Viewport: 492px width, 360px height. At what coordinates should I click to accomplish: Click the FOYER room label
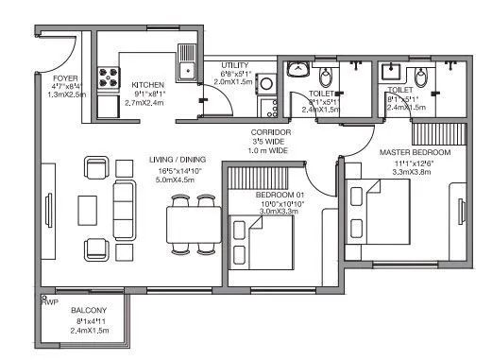[x=64, y=78]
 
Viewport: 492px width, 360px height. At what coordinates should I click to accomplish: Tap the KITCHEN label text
[x=148, y=83]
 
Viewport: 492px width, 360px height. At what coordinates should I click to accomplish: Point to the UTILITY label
[x=233, y=64]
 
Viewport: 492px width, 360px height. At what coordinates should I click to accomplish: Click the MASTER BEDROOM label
[x=415, y=152]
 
